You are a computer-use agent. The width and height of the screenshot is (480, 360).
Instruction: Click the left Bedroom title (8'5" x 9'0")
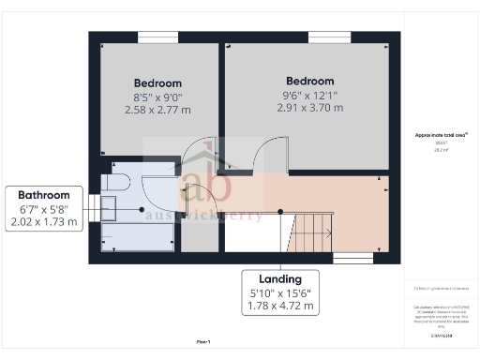click(157, 82)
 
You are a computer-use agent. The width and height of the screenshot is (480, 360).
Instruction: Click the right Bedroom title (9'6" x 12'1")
click(310, 81)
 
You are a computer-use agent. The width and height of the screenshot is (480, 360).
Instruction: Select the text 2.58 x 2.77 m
click(157, 110)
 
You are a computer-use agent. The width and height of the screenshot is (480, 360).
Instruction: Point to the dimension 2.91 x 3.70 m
click(310, 108)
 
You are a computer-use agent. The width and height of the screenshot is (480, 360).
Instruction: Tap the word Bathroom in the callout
click(44, 195)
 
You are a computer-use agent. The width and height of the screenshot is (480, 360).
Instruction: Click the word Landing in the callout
click(280, 278)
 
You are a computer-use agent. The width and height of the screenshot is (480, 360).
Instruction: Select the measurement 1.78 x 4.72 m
click(280, 305)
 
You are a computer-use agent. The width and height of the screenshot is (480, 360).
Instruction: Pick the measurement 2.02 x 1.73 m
click(44, 222)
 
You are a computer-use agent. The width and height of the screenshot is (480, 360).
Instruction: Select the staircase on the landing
click(308, 231)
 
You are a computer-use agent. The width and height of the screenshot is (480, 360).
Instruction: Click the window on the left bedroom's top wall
click(157, 37)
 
